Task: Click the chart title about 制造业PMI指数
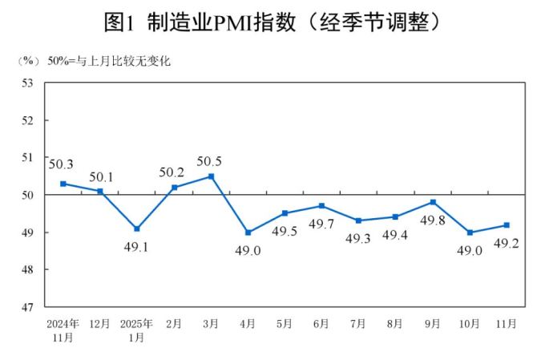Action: pyautogui.click(x=272, y=22)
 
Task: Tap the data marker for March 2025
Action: pyautogui.click(x=211, y=176)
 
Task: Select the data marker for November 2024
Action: pyautogui.click(x=63, y=184)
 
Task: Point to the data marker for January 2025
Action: pyautogui.click(x=137, y=229)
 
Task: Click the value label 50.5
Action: pyautogui.click(x=209, y=162)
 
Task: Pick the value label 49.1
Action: pyautogui.click(x=136, y=246)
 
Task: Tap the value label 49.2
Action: pyautogui.click(x=507, y=243)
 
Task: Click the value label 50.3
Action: pyautogui.click(x=61, y=165)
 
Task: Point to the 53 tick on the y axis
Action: pyautogui.click(x=26, y=83)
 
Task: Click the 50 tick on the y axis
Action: pyautogui.click(x=26, y=195)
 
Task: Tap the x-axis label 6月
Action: pyautogui.click(x=321, y=323)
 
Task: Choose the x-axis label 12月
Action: pyautogui.click(x=99, y=323)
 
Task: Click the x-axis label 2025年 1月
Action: pyautogui.click(x=136, y=330)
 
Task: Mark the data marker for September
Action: pyautogui.click(x=433, y=202)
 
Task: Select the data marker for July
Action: pyautogui.click(x=358, y=220)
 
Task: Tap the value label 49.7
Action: pyautogui.click(x=321, y=224)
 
